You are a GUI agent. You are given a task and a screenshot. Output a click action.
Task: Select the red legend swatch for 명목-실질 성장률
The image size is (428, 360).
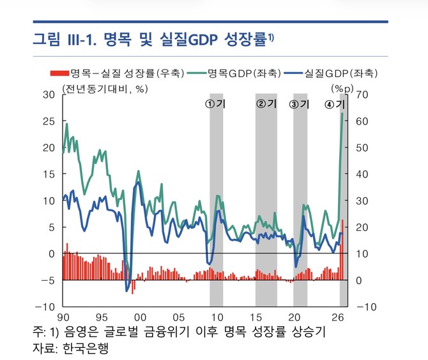(x=59, y=73)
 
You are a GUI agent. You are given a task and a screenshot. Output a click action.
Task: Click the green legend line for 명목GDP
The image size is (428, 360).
(x=197, y=73)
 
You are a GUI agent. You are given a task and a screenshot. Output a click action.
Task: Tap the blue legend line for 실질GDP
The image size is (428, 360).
(x=293, y=73)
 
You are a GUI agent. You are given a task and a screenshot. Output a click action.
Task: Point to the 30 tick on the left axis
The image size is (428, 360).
(x=49, y=94)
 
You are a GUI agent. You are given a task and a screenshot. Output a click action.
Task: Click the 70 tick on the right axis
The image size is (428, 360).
(x=362, y=94)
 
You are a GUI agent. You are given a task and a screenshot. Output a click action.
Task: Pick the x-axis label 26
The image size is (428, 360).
(x=338, y=317)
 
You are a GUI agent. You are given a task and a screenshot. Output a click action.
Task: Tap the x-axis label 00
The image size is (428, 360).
(x=140, y=317)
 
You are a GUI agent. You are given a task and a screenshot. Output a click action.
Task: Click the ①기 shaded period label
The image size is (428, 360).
(x=215, y=104)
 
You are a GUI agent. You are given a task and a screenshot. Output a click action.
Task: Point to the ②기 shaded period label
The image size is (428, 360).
(x=266, y=103)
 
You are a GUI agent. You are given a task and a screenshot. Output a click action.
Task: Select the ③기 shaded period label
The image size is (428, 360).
(x=299, y=104)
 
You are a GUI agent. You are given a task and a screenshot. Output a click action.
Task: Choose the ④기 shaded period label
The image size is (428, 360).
(x=335, y=104)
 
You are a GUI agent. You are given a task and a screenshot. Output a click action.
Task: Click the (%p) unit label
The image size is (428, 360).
(x=342, y=88)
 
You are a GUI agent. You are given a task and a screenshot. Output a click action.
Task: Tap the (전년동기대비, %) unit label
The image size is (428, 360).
(x=105, y=89)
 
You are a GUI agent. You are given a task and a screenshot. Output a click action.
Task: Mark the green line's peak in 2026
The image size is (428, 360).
(x=342, y=113)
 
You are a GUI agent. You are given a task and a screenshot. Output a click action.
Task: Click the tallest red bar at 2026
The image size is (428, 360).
(x=342, y=250)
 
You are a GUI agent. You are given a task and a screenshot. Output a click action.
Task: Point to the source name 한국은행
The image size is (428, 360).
(x=86, y=348)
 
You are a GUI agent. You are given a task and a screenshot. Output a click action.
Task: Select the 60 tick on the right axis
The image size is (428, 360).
(x=362, y=121)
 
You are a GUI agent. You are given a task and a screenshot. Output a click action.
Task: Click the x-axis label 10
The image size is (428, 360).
(x=217, y=317)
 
